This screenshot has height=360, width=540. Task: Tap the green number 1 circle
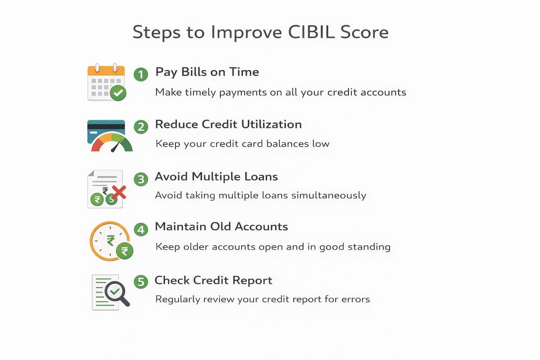pyautogui.click(x=141, y=74)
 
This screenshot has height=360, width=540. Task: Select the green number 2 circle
pyautogui.click(x=141, y=126)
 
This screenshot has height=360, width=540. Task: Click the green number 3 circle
pyautogui.click(x=141, y=179)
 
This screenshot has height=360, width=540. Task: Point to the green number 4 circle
pyautogui.click(x=141, y=229)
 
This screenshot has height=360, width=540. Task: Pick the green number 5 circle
pyautogui.click(x=141, y=282)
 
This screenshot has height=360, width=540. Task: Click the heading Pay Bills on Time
pyautogui.click(x=207, y=72)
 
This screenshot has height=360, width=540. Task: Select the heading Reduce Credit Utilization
pyautogui.click(x=228, y=124)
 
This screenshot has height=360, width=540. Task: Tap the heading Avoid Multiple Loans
pyautogui.click(x=216, y=177)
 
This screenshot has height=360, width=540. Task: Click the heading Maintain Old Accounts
pyautogui.click(x=221, y=227)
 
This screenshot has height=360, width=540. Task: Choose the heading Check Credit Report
pyautogui.click(x=213, y=280)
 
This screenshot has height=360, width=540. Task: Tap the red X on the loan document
pyautogui.click(x=118, y=193)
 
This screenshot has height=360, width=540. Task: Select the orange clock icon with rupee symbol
pyautogui.click(x=109, y=241)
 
